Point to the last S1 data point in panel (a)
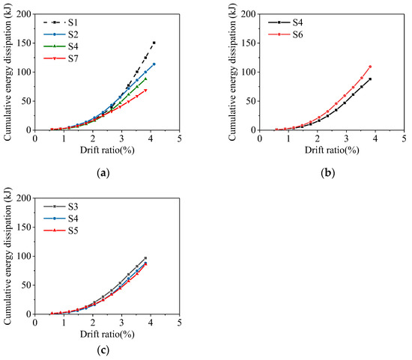pos(154,43)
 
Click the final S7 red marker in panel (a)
pos(145,91)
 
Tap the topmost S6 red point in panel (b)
pos(370,67)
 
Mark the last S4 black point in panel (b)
pos(370,79)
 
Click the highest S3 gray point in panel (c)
pos(145,258)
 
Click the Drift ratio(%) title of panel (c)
pos(106,333)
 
